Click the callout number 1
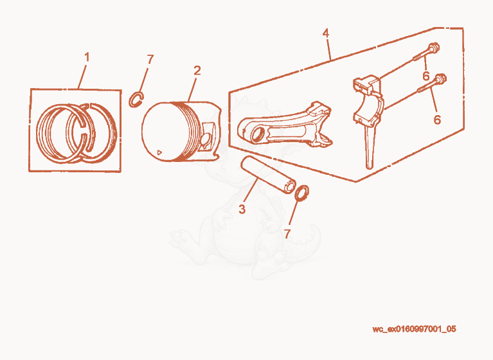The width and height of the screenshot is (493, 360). pyautogui.click(x=87, y=58)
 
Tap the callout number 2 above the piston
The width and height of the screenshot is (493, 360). pyautogui.click(x=197, y=71)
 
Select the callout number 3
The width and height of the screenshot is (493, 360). pyautogui.click(x=242, y=209)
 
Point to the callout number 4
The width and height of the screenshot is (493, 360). pyautogui.click(x=326, y=33)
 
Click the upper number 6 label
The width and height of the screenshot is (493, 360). pyautogui.click(x=426, y=76)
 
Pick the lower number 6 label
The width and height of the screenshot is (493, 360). pyautogui.click(x=437, y=120)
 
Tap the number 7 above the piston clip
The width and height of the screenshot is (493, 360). pyautogui.click(x=150, y=59)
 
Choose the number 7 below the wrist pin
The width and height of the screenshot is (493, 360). pyautogui.click(x=287, y=233)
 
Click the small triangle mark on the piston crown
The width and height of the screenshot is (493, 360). pyautogui.click(x=159, y=152)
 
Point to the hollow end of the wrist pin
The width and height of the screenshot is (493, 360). pyautogui.click(x=290, y=187)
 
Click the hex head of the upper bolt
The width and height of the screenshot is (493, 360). pyautogui.click(x=435, y=48)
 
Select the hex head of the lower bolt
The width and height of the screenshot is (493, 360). pyautogui.click(x=441, y=78)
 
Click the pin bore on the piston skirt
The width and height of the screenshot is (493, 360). pyautogui.click(x=206, y=139)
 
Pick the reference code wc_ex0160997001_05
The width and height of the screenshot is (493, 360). pyautogui.click(x=414, y=329)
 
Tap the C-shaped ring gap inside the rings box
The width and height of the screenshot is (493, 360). pyautogui.click(x=84, y=136)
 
